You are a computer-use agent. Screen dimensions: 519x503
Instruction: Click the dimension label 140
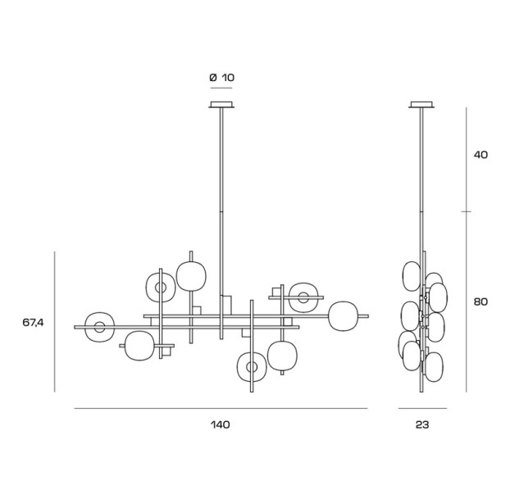point(220,424)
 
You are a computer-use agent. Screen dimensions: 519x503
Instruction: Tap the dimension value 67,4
point(33,323)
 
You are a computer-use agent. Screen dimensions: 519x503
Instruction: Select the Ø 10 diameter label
point(221,78)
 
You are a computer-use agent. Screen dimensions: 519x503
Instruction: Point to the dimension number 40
point(480,155)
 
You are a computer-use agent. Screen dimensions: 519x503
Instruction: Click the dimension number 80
point(480,301)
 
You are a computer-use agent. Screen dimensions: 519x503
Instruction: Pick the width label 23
point(422,424)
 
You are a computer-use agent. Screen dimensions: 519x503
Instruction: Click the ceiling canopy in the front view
point(221,104)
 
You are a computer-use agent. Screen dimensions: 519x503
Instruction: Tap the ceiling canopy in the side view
point(421,104)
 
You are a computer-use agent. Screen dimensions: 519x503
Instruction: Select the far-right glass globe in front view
point(344,316)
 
